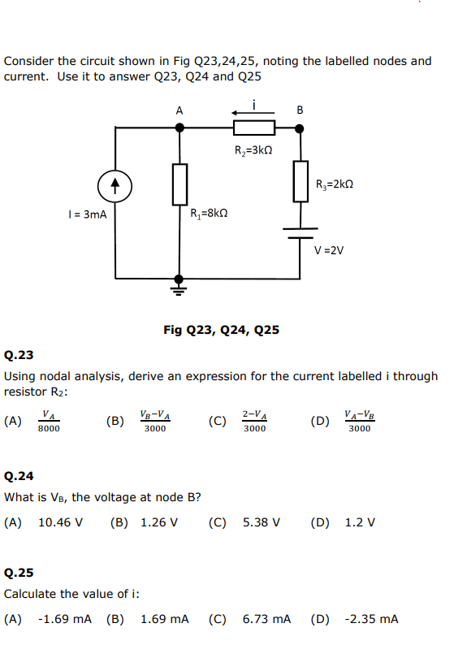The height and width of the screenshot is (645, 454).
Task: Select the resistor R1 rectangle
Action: click(179, 184)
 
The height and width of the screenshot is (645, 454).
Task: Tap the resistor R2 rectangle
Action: click(254, 127)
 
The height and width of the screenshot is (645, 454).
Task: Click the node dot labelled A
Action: click(179, 127)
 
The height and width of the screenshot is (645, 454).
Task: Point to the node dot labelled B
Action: click(301, 127)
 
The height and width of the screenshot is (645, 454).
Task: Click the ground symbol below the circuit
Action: click(179, 286)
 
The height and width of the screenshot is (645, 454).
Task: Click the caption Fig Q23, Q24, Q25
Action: click(221, 330)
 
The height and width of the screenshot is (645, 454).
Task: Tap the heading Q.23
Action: click(19, 355)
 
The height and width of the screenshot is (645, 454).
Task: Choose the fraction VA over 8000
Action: click(49, 420)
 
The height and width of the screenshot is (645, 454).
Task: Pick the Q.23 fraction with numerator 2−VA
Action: click(254, 420)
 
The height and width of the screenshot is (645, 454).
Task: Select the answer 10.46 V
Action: click(60, 522)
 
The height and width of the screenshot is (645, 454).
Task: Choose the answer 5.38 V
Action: click(262, 522)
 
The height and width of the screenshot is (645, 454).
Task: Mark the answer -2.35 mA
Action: click(371, 619)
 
